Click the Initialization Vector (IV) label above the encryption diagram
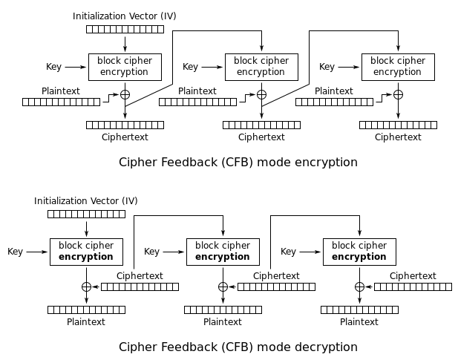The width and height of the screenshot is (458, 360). click(x=125, y=16)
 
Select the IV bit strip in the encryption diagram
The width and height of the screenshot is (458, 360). click(x=125, y=29)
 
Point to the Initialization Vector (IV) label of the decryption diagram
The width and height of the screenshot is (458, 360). click(x=86, y=201)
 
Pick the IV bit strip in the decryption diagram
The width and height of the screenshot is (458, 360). click(x=86, y=215)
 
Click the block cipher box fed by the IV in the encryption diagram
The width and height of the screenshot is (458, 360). click(x=125, y=67)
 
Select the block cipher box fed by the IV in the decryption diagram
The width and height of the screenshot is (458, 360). click(x=86, y=252)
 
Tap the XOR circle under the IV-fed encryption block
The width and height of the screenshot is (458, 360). click(x=125, y=94)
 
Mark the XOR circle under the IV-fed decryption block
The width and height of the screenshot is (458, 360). click(x=86, y=287)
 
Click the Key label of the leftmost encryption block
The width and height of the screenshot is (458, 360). click(x=54, y=67)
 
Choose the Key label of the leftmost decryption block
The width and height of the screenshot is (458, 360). click(x=16, y=252)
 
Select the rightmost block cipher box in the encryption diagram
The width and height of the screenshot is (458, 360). click(x=398, y=67)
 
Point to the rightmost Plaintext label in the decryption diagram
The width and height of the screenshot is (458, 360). click(x=359, y=322)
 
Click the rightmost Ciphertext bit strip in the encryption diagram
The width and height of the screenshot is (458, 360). click(x=398, y=125)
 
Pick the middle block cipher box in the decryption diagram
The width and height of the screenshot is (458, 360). click(x=223, y=252)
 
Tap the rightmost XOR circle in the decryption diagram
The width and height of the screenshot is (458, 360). click(x=359, y=287)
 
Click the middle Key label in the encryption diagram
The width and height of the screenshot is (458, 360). click(x=191, y=67)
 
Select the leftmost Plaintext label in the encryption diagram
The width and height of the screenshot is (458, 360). click(x=61, y=91)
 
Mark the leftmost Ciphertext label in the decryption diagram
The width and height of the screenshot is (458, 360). click(x=140, y=275)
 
